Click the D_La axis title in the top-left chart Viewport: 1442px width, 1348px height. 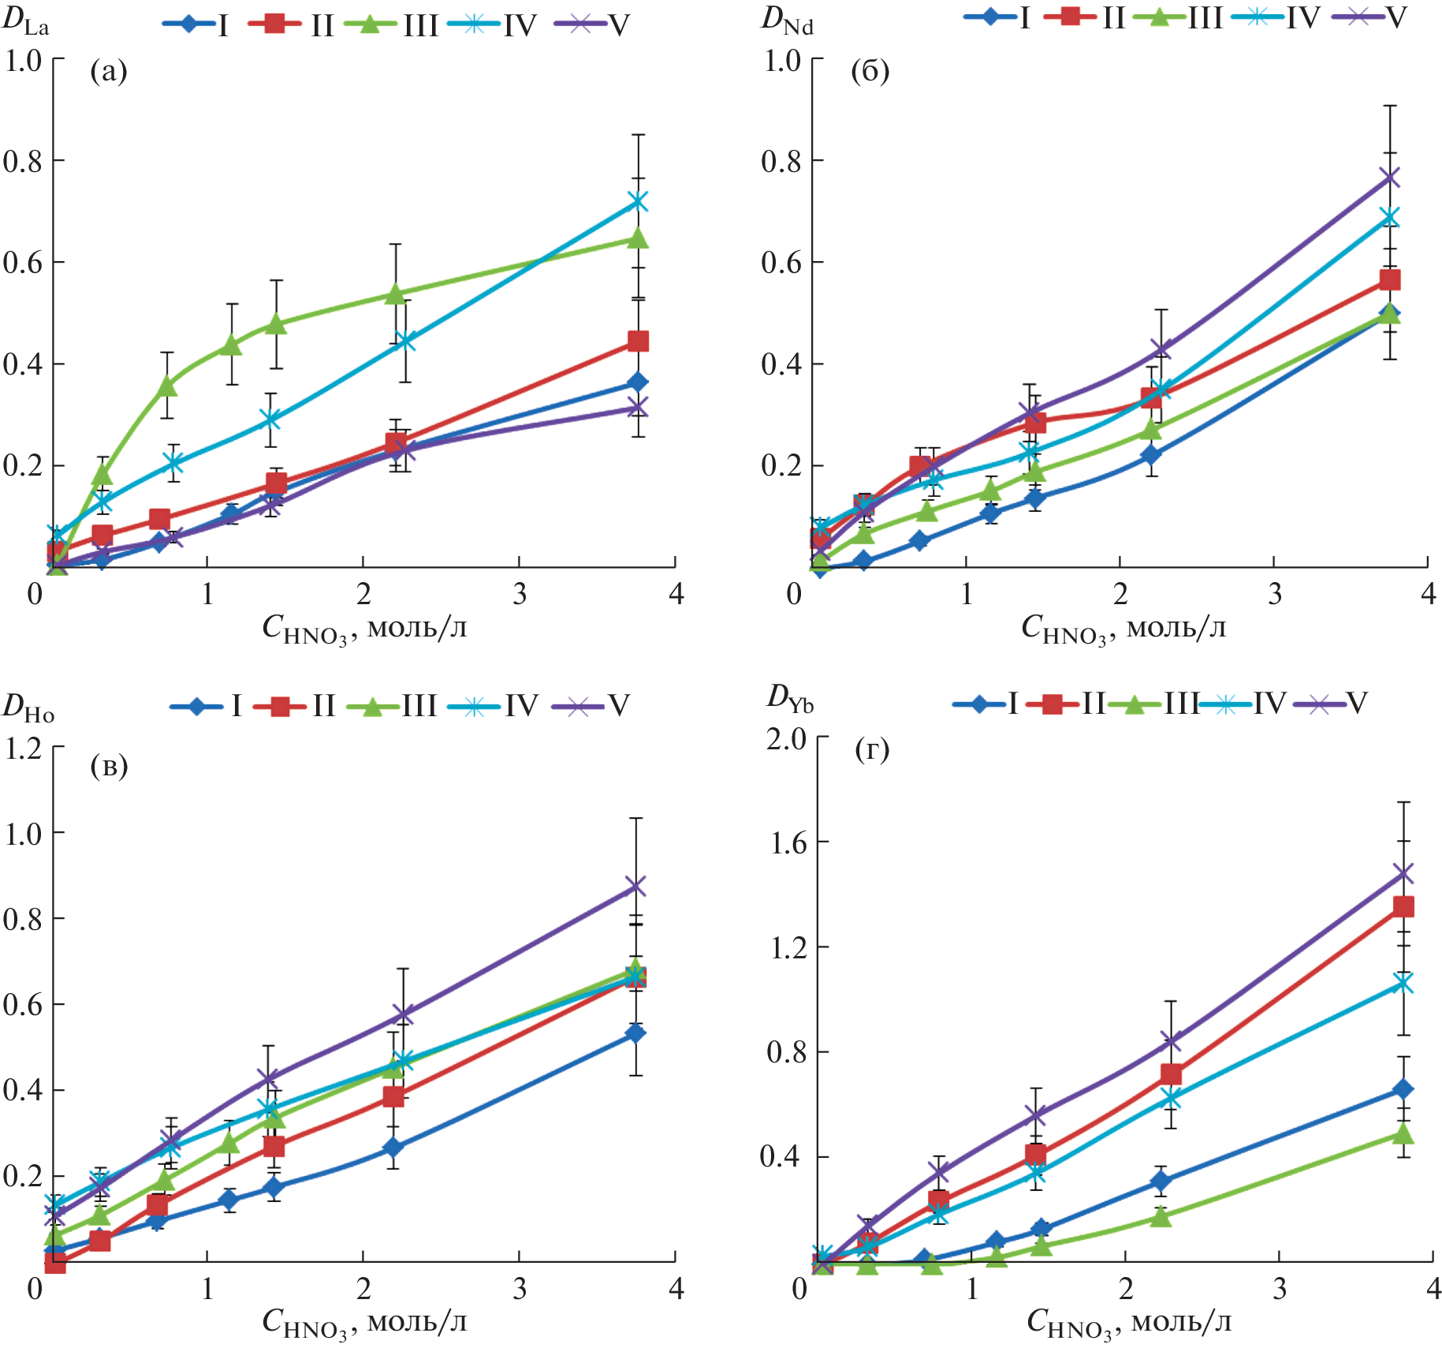click(25, 22)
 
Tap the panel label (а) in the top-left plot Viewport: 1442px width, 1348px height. click(109, 72)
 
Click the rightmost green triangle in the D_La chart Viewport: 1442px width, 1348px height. click(638, 238)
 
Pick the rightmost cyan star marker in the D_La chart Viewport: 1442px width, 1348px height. click(638, 203)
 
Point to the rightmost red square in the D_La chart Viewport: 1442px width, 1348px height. click(638, 341)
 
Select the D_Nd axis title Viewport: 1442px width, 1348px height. click(786, 21)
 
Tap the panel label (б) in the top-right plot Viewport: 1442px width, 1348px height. click(870, 72)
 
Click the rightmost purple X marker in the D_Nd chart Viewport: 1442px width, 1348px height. click(1389, 177)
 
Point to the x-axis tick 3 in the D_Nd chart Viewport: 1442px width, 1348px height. click(1274, 594)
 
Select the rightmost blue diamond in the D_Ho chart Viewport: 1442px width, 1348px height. click(635, 1033)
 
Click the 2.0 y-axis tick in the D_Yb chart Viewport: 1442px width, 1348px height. click(787, 739)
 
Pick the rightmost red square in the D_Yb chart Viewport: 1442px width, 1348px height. click(1403, 906)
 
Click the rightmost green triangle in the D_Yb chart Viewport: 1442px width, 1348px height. click(1403, 1135)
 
